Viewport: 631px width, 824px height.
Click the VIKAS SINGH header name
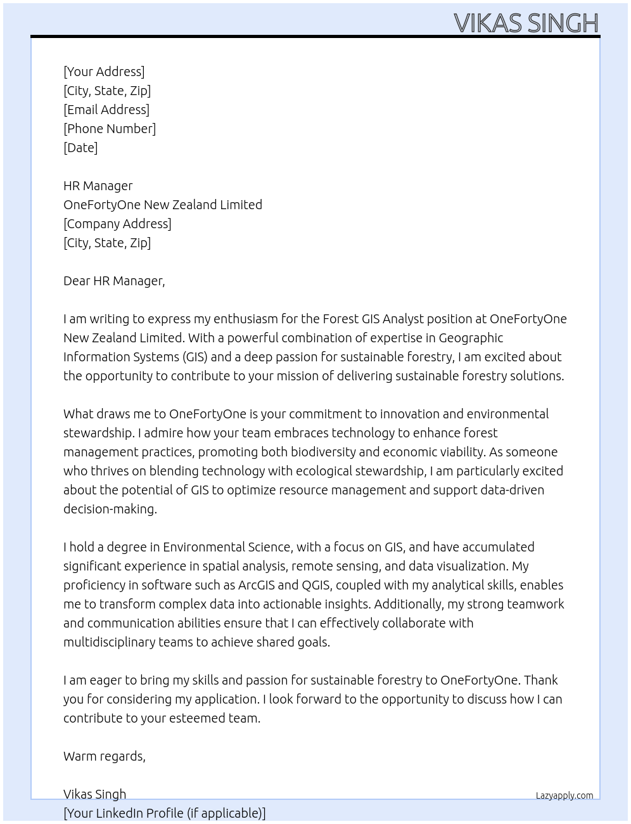526,23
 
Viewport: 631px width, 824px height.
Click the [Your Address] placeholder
104,72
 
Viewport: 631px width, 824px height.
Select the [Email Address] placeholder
106,110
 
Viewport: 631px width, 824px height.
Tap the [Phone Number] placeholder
110,129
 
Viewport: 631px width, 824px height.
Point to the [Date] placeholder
80,148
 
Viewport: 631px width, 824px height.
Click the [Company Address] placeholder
117,224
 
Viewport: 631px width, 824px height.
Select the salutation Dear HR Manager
114,281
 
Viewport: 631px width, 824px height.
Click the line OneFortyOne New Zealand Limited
163,205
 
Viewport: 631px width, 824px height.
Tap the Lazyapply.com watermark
564,795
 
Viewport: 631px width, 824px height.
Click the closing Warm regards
105,756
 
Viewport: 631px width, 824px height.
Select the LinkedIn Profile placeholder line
165,813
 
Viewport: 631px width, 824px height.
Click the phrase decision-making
110,509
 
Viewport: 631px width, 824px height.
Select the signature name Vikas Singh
95,794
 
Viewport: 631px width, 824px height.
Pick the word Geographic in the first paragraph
471,338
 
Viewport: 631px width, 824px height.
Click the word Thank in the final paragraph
540,680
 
